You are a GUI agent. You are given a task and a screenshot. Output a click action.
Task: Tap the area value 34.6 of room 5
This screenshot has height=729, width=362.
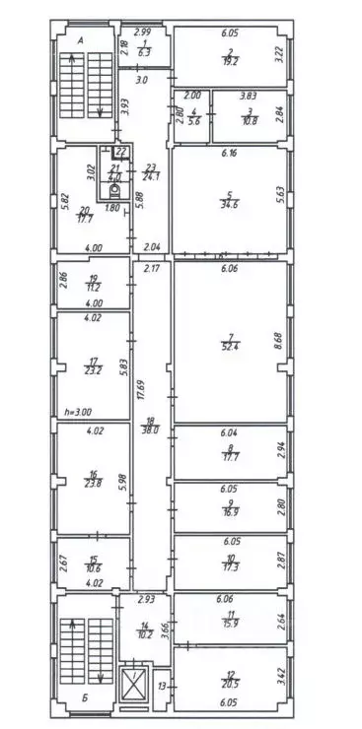229,201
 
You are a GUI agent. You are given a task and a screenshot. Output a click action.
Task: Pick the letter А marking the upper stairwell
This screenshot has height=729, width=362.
79,40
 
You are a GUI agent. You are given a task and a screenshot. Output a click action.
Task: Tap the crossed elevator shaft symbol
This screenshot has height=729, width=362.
131,684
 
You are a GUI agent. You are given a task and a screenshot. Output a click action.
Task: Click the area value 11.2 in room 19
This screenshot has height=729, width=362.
93,293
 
